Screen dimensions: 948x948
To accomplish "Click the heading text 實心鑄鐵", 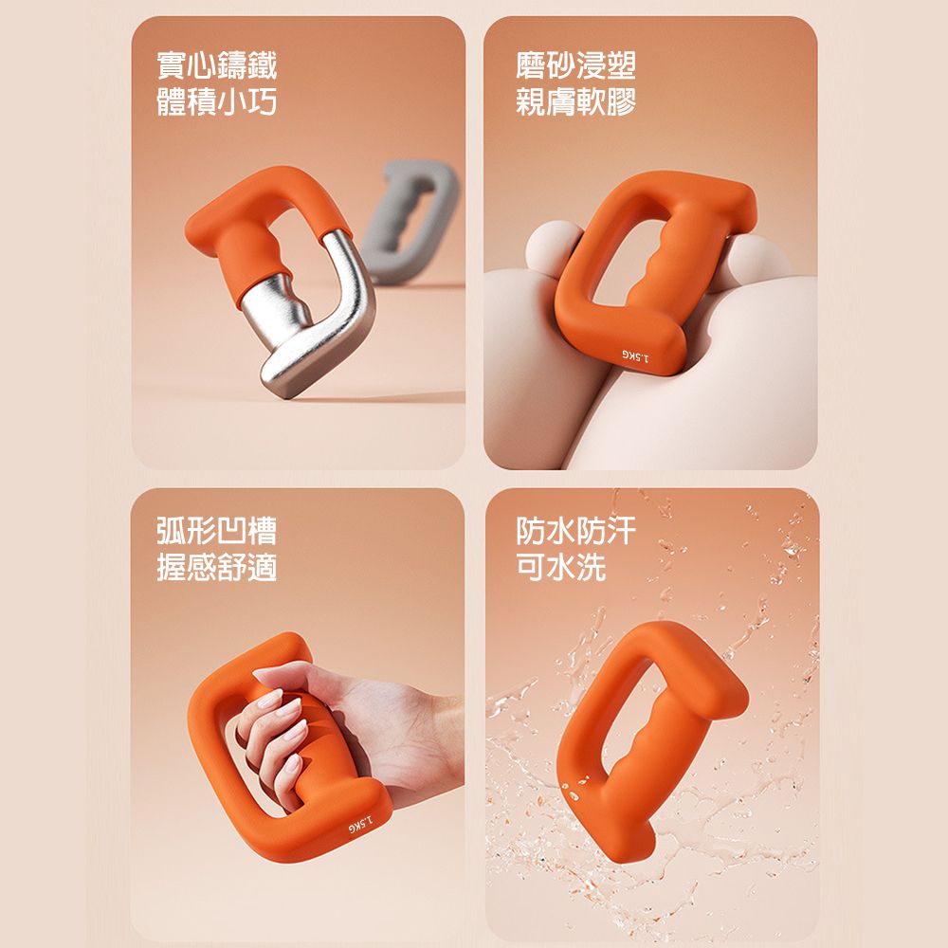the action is click(x=216, y=65).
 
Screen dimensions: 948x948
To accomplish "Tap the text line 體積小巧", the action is click(x=216, y=101).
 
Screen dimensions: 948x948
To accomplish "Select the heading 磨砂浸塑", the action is click(x=575, y=65).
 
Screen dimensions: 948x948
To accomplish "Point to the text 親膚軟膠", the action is click(x=575, y=101).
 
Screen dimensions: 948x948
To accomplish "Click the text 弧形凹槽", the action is click(x=216, y=531).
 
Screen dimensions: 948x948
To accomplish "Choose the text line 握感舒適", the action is click(x=216, y=567).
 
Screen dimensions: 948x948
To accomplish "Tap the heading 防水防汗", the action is click(x=575, y=531).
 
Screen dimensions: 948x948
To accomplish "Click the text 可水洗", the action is click(x=560, y=567).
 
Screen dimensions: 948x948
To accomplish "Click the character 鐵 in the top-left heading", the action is click(x=263, y=65).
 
